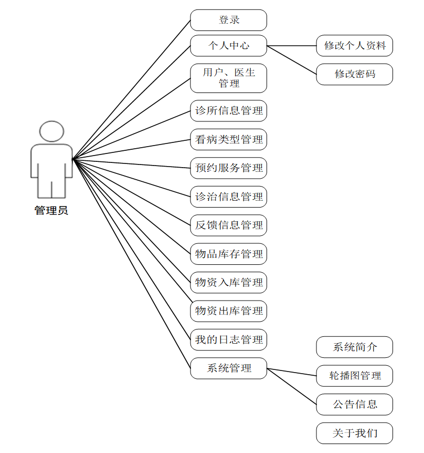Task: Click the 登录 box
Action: pos(228,20)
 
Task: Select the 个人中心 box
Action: pos(228,46)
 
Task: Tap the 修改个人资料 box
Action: pos(354,46)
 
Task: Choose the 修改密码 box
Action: pos(354,74)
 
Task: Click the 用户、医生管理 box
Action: pos(228,78)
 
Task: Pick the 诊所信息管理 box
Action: pos(228,111)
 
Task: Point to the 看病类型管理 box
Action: pos(228,140)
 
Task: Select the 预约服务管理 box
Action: pos(228,168)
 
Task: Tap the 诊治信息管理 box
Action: pos(228,197)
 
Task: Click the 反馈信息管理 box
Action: pos(228,225)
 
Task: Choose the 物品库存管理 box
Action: pos(228,254)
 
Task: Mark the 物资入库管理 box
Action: pos(228,283)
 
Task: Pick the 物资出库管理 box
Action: pos(228,311)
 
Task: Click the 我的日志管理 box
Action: pos(228,340)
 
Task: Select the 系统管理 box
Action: pos(228,368)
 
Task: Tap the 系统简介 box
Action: pos(354,347)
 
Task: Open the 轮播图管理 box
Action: pos(354,376)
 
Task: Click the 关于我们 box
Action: pos(354,434)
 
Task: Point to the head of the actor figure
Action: pos(51,131)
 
